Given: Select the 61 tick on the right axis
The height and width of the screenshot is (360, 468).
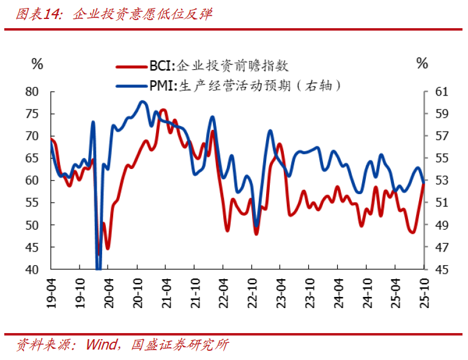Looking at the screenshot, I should point(442,92).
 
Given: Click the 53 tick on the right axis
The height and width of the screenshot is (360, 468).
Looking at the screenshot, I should point(442,181).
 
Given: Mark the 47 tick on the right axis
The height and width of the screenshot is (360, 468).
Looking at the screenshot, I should point(442,247).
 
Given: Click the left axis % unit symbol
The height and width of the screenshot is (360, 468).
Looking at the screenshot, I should point(37,63).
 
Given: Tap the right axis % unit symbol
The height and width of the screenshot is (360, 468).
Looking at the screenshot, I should point(422,63).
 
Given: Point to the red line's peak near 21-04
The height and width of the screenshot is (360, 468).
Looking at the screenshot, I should point(163,110).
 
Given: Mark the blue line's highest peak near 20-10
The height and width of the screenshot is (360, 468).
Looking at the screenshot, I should point(142,102).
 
